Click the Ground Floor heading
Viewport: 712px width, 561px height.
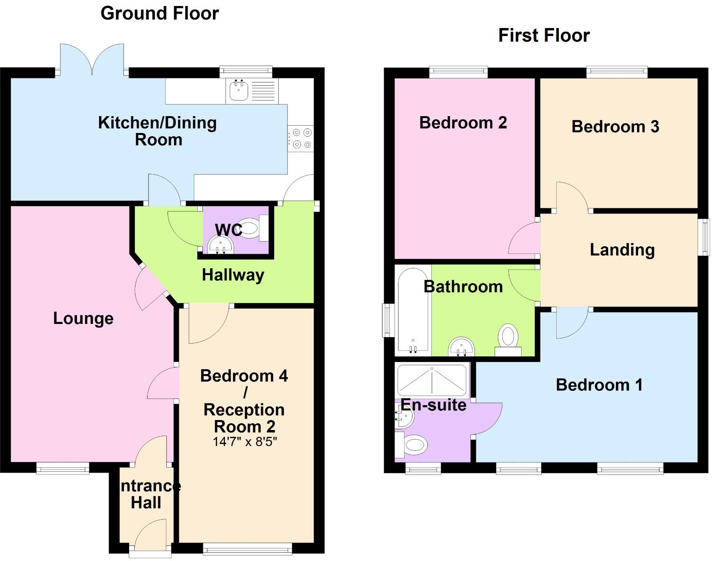(x=160, y=14)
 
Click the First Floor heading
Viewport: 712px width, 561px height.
(x=544, y=36)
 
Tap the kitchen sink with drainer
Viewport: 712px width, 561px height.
(x=252, y=91)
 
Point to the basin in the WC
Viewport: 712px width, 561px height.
(x=220, y=245)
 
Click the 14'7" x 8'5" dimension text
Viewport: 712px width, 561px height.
(x=245, y=442)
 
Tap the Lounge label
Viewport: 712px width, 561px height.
(x=83, y=319)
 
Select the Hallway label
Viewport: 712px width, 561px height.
(x=233, y=275)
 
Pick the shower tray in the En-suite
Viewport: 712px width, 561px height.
(x=432, y=380)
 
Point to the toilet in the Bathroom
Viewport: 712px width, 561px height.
(x=508, y=339)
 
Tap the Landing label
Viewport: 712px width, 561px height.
(x=622, y=250)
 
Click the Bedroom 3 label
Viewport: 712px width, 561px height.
(x=615, y=127)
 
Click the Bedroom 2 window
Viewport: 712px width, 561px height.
(x=458, y=72)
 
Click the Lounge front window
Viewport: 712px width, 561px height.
(x=63, y=468)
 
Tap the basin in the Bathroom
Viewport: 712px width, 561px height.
(x=461, y=346)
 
